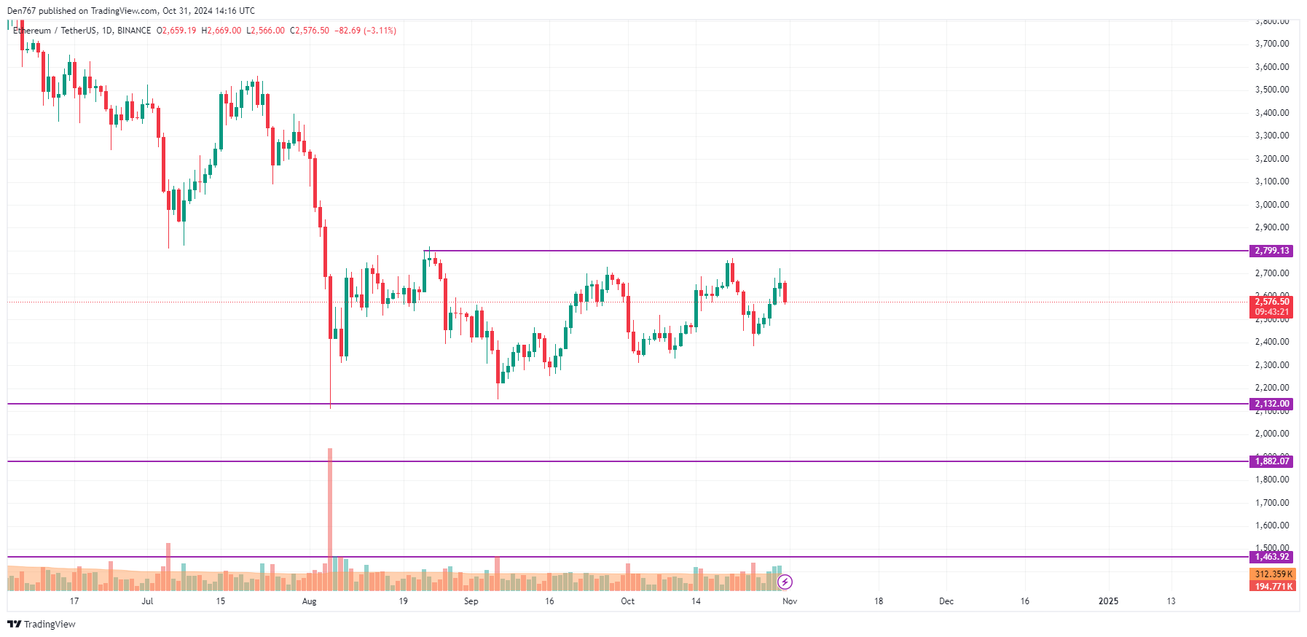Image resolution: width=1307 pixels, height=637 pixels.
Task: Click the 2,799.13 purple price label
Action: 1271,251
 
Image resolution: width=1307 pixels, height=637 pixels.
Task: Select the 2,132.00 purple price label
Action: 1271,404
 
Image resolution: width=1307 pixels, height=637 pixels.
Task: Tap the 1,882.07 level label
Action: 1271,461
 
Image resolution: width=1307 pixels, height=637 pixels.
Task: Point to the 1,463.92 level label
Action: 1271,557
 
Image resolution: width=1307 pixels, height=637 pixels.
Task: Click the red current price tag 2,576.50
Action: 1271,302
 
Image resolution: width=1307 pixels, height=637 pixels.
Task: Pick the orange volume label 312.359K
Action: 1273,574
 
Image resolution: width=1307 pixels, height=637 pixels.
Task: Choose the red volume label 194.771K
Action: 1273,586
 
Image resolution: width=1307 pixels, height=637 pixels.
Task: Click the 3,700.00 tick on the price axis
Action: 1271,44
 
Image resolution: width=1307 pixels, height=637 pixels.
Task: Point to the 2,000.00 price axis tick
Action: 1271,434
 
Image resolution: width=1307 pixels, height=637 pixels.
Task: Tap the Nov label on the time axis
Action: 789,601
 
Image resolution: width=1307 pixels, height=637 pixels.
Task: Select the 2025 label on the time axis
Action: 1107,601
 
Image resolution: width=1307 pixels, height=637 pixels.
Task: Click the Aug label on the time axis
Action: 309,601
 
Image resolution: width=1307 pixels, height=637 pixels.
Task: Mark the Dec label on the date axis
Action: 946,601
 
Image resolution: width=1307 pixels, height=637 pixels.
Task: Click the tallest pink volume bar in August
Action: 330,510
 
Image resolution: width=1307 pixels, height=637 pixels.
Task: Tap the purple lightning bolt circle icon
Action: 785,582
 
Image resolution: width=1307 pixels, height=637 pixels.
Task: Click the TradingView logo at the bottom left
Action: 41,624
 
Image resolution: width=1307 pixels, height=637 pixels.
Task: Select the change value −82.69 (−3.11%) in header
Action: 365,31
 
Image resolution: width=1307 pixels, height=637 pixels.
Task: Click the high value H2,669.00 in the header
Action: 221,31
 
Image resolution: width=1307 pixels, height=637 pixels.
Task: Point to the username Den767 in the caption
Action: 21,11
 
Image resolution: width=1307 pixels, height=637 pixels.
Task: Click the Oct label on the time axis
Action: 627,601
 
